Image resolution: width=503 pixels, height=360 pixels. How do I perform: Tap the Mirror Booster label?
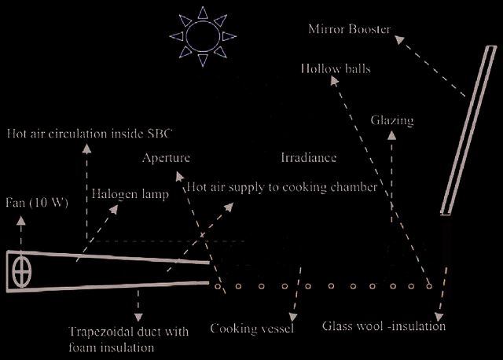click(349, 29)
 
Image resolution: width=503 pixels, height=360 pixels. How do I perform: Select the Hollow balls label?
click(336, 68)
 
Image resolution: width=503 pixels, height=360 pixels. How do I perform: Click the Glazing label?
click(392, 120)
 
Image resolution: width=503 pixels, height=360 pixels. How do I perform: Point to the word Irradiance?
click(309, 157)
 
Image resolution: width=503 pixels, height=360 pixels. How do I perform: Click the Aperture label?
click(166, 158)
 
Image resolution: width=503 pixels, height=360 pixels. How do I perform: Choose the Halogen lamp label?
click(130, 194)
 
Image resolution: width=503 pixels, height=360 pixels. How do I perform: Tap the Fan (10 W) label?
click(37, 203)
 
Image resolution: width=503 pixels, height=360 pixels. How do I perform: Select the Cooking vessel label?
click(251, 329)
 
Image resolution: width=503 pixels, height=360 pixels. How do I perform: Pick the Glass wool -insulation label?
click(384, 326)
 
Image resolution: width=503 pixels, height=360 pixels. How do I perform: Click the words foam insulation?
click(111, 347)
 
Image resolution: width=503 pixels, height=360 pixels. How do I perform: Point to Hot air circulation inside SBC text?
click(90, 134)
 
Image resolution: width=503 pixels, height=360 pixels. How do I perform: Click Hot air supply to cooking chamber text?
click(282, 187)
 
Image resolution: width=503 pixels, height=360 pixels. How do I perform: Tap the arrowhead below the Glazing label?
click(391, 135)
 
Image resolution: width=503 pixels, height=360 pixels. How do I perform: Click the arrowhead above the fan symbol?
click(21, 220)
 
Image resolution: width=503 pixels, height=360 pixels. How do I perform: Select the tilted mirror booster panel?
click(468, 130)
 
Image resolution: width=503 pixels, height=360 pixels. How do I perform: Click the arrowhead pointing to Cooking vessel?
click(293, 318)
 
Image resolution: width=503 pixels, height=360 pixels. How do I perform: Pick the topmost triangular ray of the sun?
click(203, 13)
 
